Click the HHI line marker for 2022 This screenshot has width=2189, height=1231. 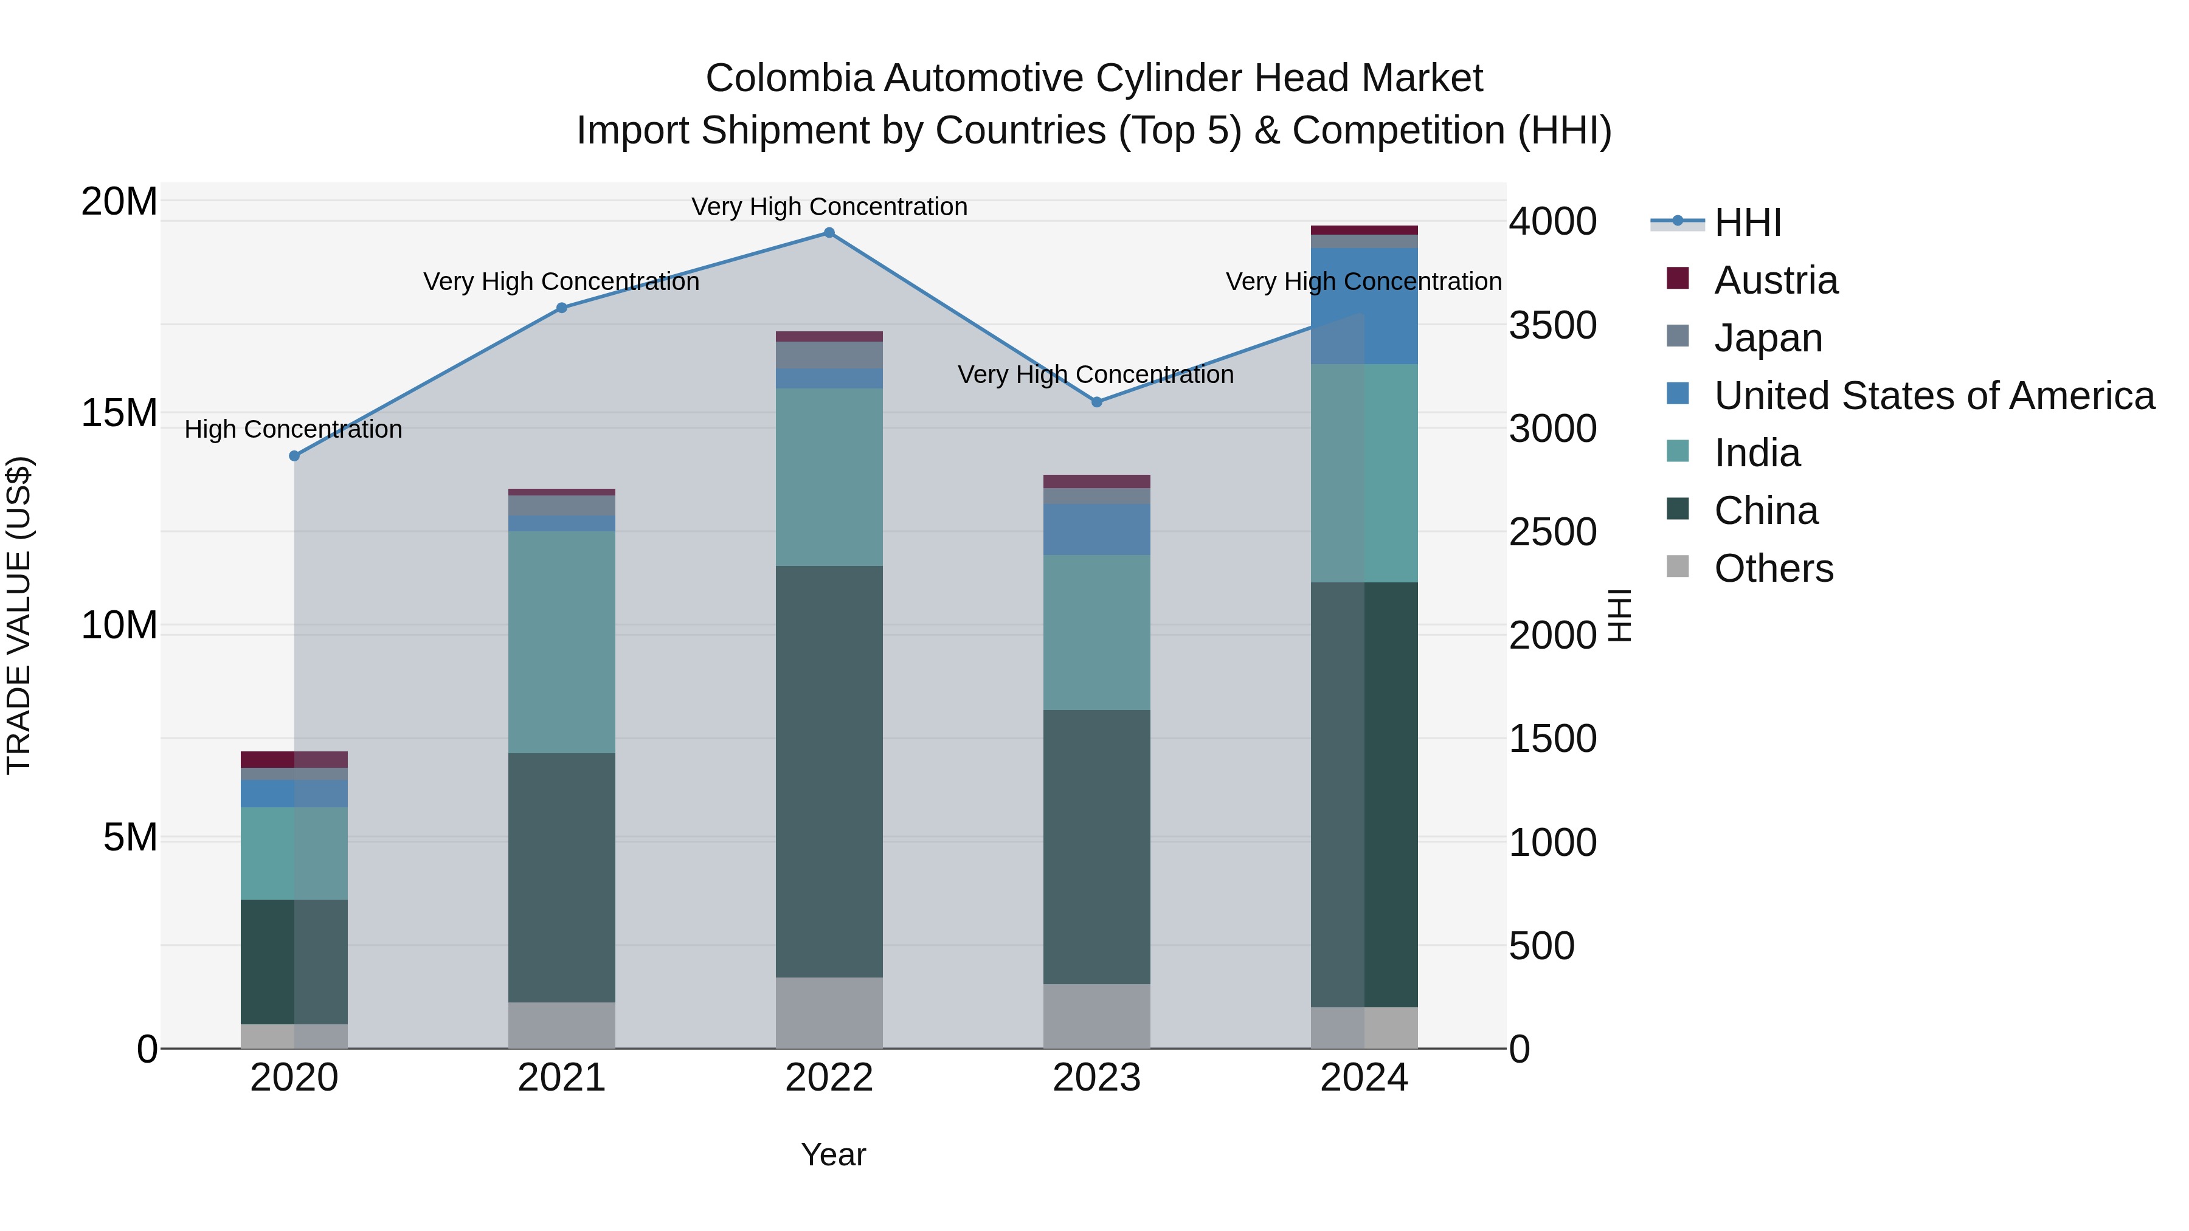829,233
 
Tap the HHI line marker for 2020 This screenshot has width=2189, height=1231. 294,456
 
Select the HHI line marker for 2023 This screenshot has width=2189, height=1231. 1096,402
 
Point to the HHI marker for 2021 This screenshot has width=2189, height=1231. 562,308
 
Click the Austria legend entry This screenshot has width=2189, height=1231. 1775,280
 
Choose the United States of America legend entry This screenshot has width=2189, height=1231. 1933,396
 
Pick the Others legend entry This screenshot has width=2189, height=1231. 1774,568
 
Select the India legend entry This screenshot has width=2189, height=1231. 1757,453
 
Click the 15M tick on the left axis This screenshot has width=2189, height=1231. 119,414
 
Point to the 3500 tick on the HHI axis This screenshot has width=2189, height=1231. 1552,325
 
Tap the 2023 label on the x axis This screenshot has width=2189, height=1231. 1096,1078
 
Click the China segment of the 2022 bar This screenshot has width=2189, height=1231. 829,771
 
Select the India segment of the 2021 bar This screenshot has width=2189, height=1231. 562,643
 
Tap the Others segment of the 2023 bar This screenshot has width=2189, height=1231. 1096,1016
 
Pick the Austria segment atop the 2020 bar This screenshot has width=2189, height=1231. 294,759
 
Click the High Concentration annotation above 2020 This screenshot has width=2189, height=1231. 293,430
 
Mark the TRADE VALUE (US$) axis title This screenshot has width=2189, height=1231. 19,615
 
